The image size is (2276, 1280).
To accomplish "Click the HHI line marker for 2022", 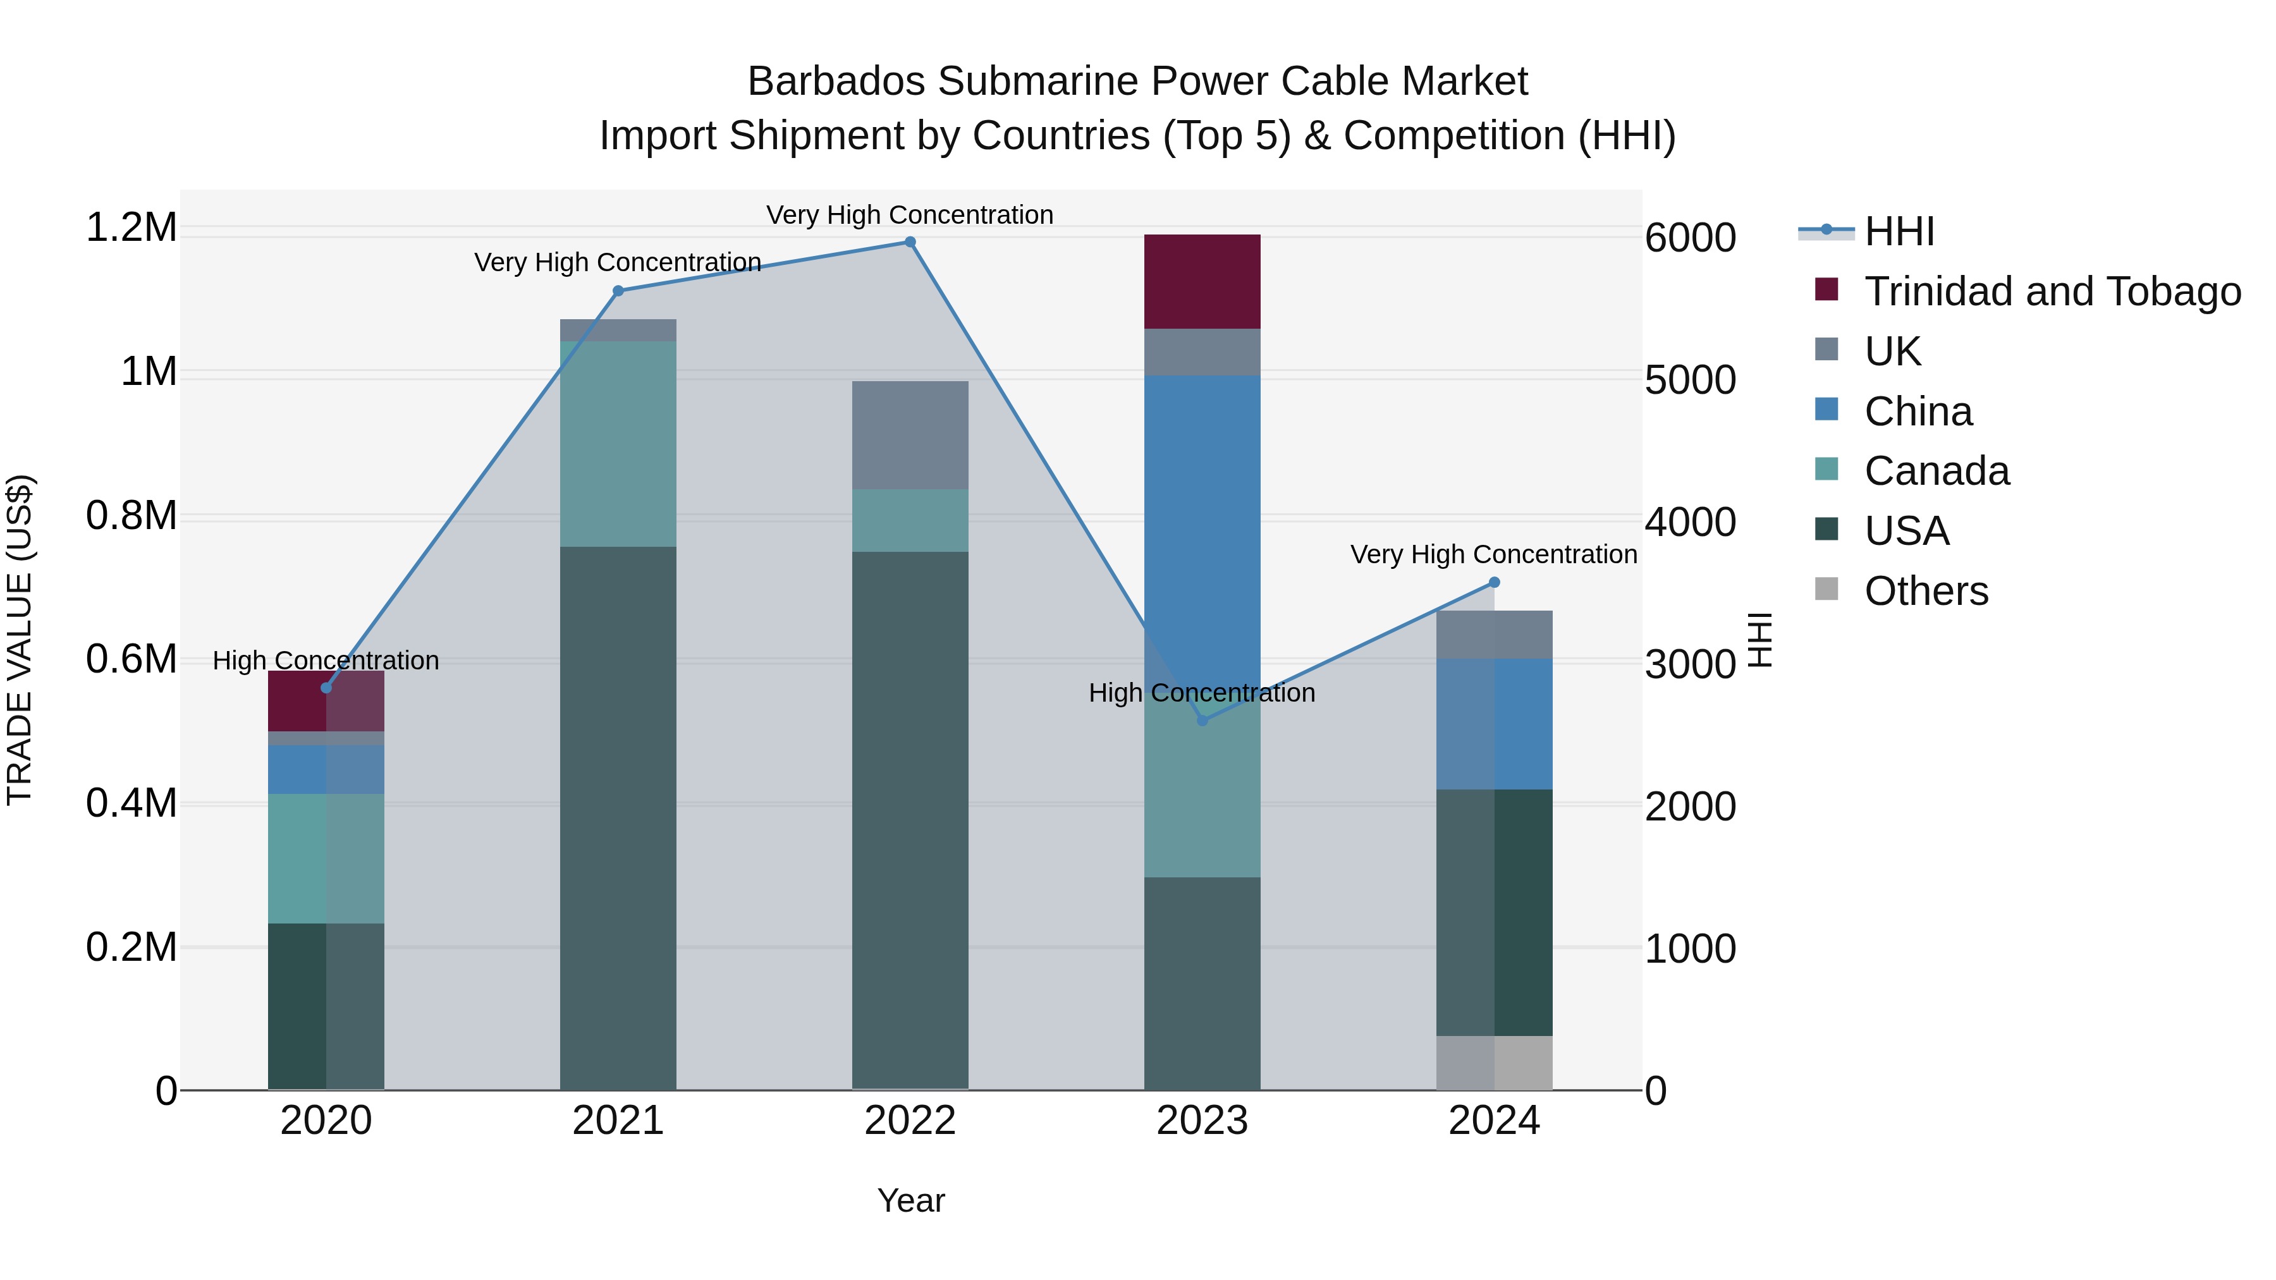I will (x=909, y=242).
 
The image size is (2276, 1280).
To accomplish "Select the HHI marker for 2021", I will (x=618, y=291).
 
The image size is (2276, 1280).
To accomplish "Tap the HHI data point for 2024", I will (x=1494, y=582).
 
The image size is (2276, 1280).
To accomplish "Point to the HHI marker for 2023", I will (x=1202, y=720).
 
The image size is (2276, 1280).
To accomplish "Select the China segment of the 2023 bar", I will (x=1202, y=530).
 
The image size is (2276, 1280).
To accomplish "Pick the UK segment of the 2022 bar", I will (x=909, y=435).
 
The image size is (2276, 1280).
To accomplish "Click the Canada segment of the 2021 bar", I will (x=618, y=444).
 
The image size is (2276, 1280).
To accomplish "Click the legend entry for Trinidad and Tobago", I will (x=2052, y=291).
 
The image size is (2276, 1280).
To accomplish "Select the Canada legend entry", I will (x=1936, y=471).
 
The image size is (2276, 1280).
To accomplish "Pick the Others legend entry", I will (x=1926, y=591).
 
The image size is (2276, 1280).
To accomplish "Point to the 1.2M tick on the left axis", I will (x=131, y=228).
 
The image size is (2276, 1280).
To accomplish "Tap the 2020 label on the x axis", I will (x=326, y=1121).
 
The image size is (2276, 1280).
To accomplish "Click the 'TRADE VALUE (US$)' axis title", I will (x=20, y=640).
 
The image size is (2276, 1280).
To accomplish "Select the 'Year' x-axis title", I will (x=911, y=1200).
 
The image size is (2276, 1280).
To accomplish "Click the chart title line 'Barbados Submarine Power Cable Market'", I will (x=1137, y=82).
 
